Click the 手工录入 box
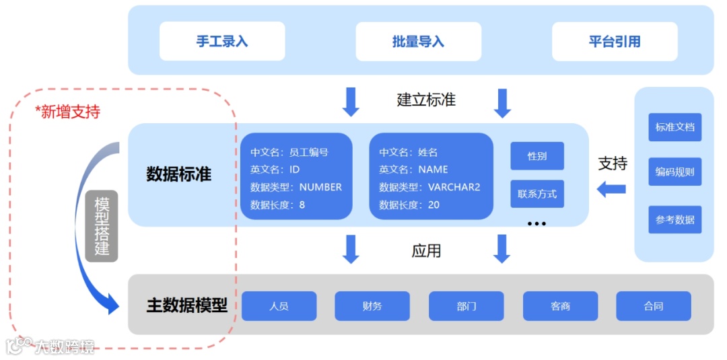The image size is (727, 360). click(x=222, y=41)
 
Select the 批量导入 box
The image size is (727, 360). click(x=418, y=41)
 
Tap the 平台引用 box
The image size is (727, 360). click(x=615, y=41)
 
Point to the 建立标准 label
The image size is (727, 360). click(x=426, y=100)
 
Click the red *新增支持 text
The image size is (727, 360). click(x=67, y=112)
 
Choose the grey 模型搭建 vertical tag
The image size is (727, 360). click(x=102, y=226)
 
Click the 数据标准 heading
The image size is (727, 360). click(x=179, y=174)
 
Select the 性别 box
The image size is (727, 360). click(x=536, y=156)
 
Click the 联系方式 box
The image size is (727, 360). click(x=536, y=194)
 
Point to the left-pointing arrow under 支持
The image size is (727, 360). click(x=611, y=190)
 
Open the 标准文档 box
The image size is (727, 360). click(x=674, y=127)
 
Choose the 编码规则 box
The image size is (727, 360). click(x=674, y=172)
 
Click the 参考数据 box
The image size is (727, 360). click(x=674, y=219)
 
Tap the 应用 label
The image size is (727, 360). click(x=426, y=250)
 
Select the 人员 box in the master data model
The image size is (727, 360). click(x=279, y=306)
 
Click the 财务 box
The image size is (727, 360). click(x=372, y=306)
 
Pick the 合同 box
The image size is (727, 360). click(x=653, y=306)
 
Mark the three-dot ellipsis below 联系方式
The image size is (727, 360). click(x=536, y=223)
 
